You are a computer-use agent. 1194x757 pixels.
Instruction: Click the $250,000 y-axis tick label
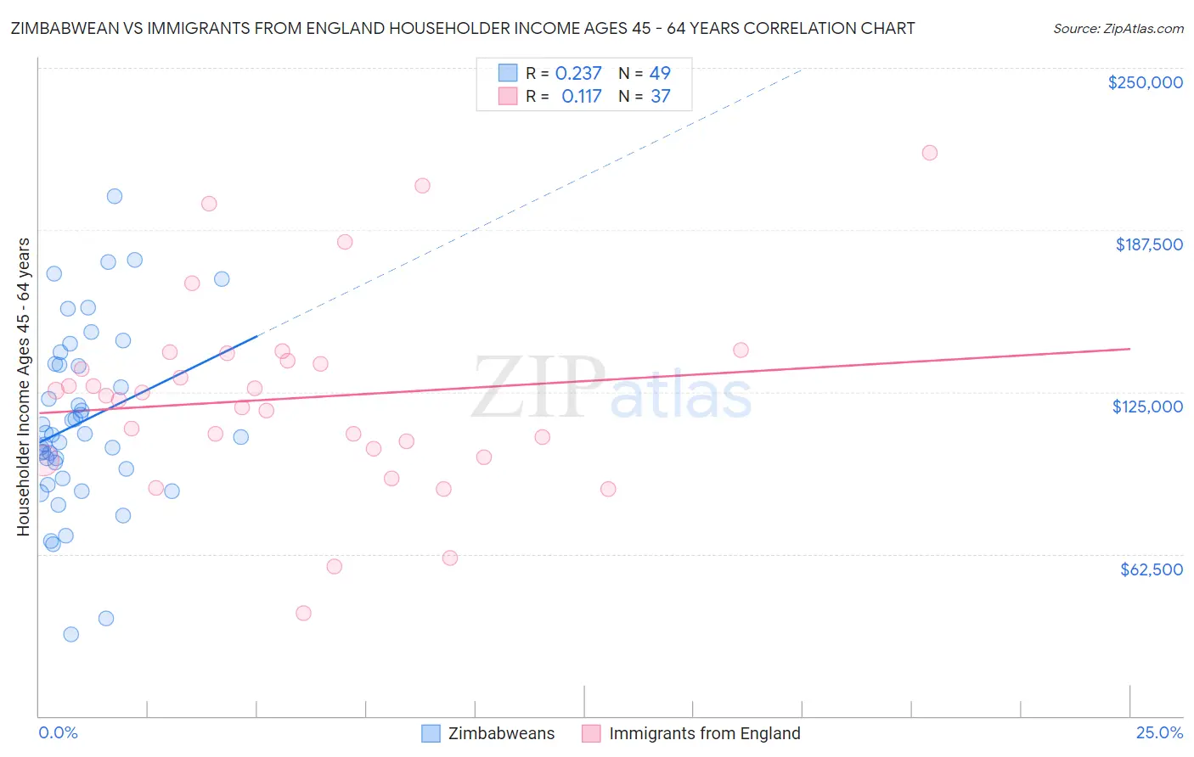[1145, 82]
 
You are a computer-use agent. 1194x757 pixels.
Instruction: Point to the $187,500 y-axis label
[1148, 244]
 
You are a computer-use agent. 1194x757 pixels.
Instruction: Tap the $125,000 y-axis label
[1147, 407]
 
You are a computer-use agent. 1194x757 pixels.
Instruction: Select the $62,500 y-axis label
[1151, 569]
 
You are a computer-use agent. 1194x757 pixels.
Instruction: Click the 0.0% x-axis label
[58, 733]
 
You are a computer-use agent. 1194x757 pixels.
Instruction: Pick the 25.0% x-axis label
[1159, 733]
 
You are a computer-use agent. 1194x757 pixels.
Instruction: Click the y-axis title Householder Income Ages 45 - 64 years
[24, 386]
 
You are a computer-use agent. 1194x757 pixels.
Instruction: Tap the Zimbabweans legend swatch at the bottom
[431, 734]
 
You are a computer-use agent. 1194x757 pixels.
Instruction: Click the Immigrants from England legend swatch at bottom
[591, 734]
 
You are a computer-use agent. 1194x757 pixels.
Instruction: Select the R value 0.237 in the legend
[578, 73]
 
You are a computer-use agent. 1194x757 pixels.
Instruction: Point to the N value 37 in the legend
[660, 97]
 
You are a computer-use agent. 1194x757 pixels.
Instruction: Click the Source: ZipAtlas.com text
[1118, 29]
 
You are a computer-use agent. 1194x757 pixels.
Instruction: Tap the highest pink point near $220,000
[929, 153]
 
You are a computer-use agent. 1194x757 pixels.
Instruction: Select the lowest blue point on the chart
[71, 634]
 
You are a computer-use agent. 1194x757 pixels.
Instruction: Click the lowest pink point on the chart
[303, 613]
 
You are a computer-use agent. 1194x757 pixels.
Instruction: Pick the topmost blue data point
[115, 196]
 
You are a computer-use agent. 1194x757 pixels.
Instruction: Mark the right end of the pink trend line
[1129, 349]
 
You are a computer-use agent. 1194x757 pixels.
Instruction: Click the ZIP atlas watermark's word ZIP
[538, 387]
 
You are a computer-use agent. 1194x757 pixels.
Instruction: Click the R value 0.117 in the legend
[581, 97]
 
